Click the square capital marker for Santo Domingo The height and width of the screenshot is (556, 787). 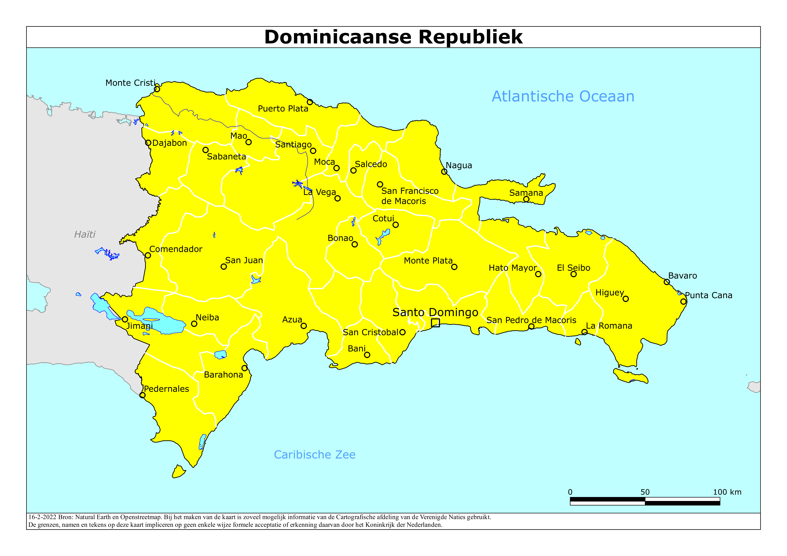click(435, 323)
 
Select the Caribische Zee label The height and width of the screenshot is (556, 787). click(314, 455)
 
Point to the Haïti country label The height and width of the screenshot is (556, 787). click(85, 234)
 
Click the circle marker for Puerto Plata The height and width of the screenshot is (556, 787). click(310, 102)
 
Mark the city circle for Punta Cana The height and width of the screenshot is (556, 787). click(683, 301)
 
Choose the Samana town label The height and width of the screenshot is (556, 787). click(526, 193)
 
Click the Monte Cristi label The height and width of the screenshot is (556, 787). click(130, 83)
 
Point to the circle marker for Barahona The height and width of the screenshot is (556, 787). click(244, 368)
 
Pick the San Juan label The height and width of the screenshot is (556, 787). click(244, 260)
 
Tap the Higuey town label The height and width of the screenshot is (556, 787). click(610, 293)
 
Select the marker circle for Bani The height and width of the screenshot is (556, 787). click(367, 355)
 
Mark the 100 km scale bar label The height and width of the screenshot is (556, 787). click(727, 492)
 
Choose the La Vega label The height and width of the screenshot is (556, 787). click(319, 192)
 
